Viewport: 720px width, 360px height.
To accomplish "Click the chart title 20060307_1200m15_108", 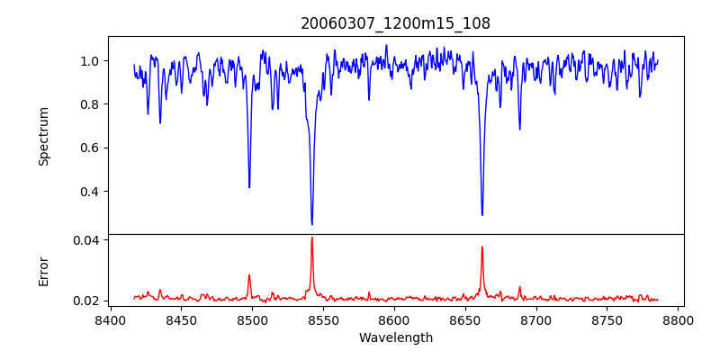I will click(x=395, y=23).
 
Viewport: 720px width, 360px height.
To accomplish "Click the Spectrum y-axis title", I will click(x=43, y=136).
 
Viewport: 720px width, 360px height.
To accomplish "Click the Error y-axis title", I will click(x=43, y=271).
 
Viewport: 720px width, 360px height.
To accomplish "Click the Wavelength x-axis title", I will click(x=395, y=337).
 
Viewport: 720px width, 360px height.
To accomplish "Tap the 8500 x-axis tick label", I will click(x=252, y=319).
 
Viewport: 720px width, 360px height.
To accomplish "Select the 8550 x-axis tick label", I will click(x=323, y=319).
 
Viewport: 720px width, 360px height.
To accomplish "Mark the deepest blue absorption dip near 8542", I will click(x=311, y=224).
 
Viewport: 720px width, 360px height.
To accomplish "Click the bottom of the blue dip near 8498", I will click(x=249, y=187).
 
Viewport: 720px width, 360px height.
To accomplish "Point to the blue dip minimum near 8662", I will click(x=481, y=214).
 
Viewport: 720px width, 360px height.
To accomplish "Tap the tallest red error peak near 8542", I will click(x=311, y=238).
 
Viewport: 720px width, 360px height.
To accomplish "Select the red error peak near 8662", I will click(x=481, y=247).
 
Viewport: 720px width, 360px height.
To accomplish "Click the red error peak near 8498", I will click(x=249, y=275).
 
